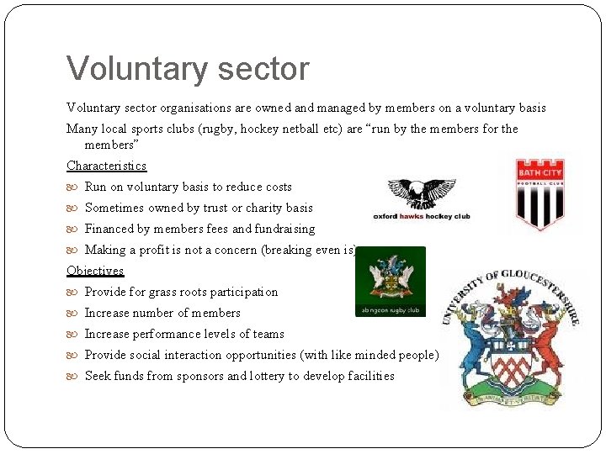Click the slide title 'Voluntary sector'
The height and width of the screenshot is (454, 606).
tap(188, 69)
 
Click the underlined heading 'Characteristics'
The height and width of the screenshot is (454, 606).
tap(106, 166)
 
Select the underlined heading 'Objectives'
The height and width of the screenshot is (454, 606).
tap(95, 271)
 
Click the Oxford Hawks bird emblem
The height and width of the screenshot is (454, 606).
tap(422, 195)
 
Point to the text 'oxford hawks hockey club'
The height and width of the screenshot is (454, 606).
tap(422, 216)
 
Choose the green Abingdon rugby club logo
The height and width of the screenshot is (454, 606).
tap(390, 282)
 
